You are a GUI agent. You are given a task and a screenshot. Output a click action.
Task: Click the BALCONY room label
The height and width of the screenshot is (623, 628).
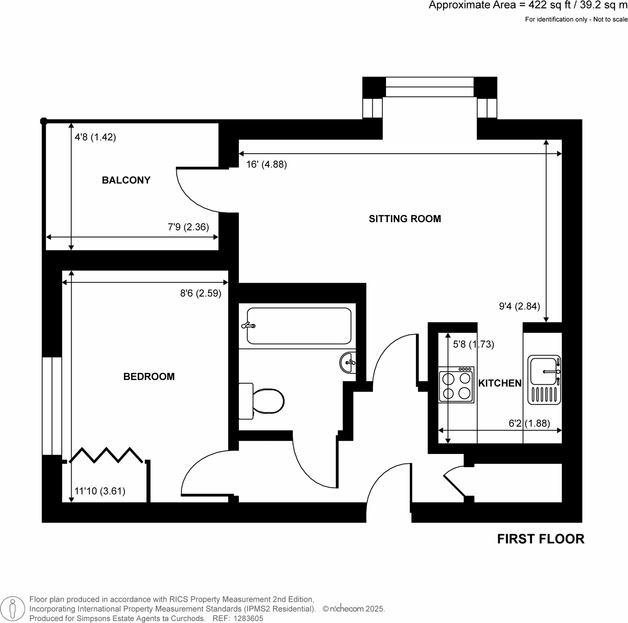[x=126, y=180]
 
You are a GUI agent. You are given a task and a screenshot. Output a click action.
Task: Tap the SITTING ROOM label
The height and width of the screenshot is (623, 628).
[x=405, y=219]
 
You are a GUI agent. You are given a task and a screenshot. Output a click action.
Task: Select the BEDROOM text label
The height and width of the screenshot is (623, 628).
[x=149, y=376]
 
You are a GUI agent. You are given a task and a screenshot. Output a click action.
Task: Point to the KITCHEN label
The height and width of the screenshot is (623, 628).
[x=500, y=383]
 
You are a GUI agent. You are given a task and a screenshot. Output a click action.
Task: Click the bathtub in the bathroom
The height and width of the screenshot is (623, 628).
[x=299, y=326]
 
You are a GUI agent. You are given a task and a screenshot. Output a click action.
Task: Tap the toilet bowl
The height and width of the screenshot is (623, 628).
[x=268, y=401]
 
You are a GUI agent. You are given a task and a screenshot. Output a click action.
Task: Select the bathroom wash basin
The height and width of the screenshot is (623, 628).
[x=348, y=362]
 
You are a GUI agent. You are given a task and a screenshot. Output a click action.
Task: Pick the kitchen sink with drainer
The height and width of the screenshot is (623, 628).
[x=544, y=380]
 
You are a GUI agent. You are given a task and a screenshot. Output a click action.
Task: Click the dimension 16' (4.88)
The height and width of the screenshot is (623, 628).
[x=266, y=164]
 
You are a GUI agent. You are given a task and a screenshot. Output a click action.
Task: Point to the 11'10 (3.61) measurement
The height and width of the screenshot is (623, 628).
[x=100, y=491]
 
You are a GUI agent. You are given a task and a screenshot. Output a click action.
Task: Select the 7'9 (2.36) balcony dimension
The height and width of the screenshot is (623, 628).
[x=188, y=227]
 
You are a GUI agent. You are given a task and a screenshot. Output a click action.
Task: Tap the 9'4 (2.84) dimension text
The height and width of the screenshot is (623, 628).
[x=519, y=306]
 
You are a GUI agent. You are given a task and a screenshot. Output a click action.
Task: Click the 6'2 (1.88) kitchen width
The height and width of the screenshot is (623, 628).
[x=529, y=423]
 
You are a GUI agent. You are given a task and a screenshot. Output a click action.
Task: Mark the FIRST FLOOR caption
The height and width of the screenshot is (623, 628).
[x=540, y=539]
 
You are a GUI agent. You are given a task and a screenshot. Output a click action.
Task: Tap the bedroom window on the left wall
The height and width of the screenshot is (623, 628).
[x=52, y=406]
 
